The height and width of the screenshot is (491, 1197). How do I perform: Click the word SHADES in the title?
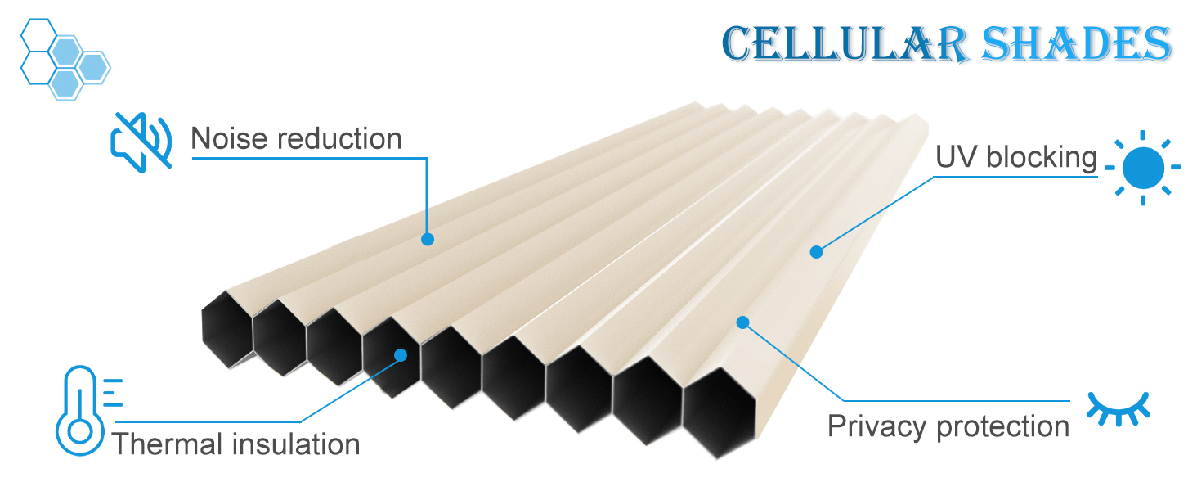(1075, 44)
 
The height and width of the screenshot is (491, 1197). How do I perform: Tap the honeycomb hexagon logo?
(64, 58)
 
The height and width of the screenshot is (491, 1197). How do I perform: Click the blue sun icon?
(1142, 167)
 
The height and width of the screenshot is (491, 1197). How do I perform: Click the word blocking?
(1041, 157)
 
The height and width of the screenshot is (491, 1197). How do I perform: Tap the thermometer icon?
(80, 411)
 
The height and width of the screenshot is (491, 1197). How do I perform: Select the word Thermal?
(168, 444)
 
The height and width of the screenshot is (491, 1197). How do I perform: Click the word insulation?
(296, 444)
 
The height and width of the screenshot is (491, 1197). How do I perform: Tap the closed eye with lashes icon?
(1118, 408)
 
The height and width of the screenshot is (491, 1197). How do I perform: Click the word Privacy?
(877, 426)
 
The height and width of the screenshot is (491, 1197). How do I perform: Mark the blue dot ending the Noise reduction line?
(427, 239)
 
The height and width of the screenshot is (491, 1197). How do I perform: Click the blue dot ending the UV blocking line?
(815, 252)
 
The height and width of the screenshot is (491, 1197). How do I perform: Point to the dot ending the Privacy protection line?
(742, 322)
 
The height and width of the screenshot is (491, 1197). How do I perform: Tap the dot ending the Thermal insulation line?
(401, 355)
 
